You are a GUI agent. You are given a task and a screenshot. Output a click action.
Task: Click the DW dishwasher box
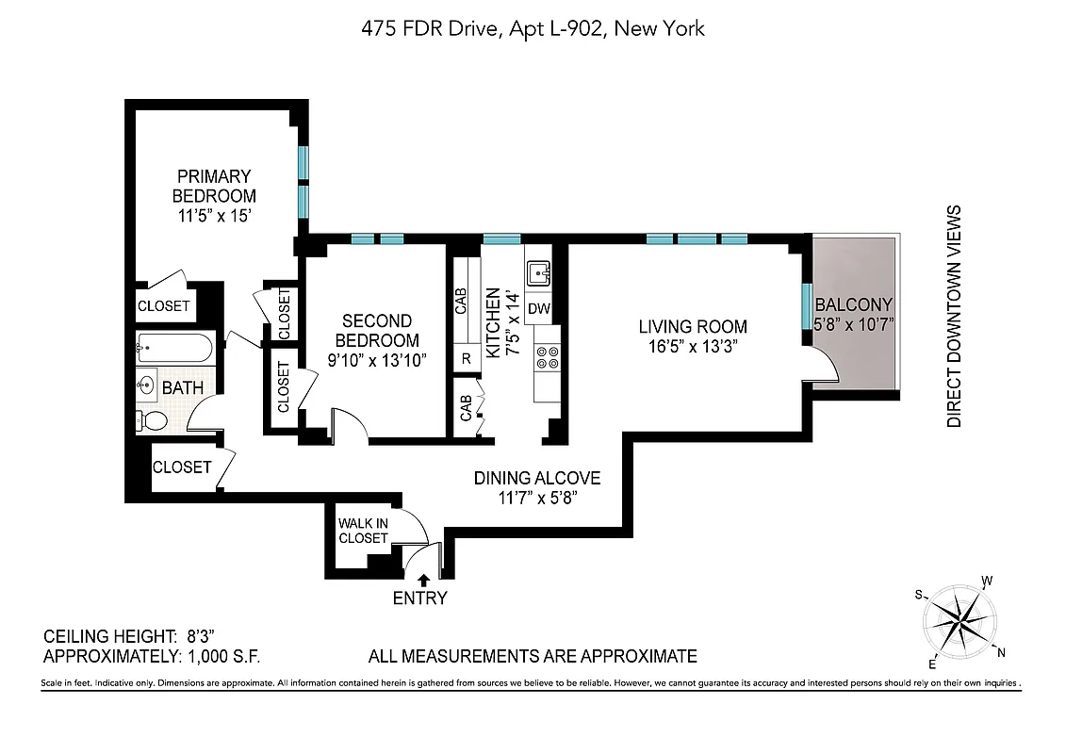[x=538, y=309]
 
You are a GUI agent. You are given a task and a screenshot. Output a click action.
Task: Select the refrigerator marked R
[x=466, y=357]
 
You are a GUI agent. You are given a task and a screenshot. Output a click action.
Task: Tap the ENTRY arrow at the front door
[x=424, y=581]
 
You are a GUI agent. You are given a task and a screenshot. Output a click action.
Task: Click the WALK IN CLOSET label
[x=363, y=530]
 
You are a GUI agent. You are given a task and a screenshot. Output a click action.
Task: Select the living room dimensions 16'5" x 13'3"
[x=693, y=346]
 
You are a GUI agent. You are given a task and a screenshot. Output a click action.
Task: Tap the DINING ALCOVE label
[x=536, y=478]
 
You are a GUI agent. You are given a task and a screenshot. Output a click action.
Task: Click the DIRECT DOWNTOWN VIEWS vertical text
[x=954, y=317]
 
